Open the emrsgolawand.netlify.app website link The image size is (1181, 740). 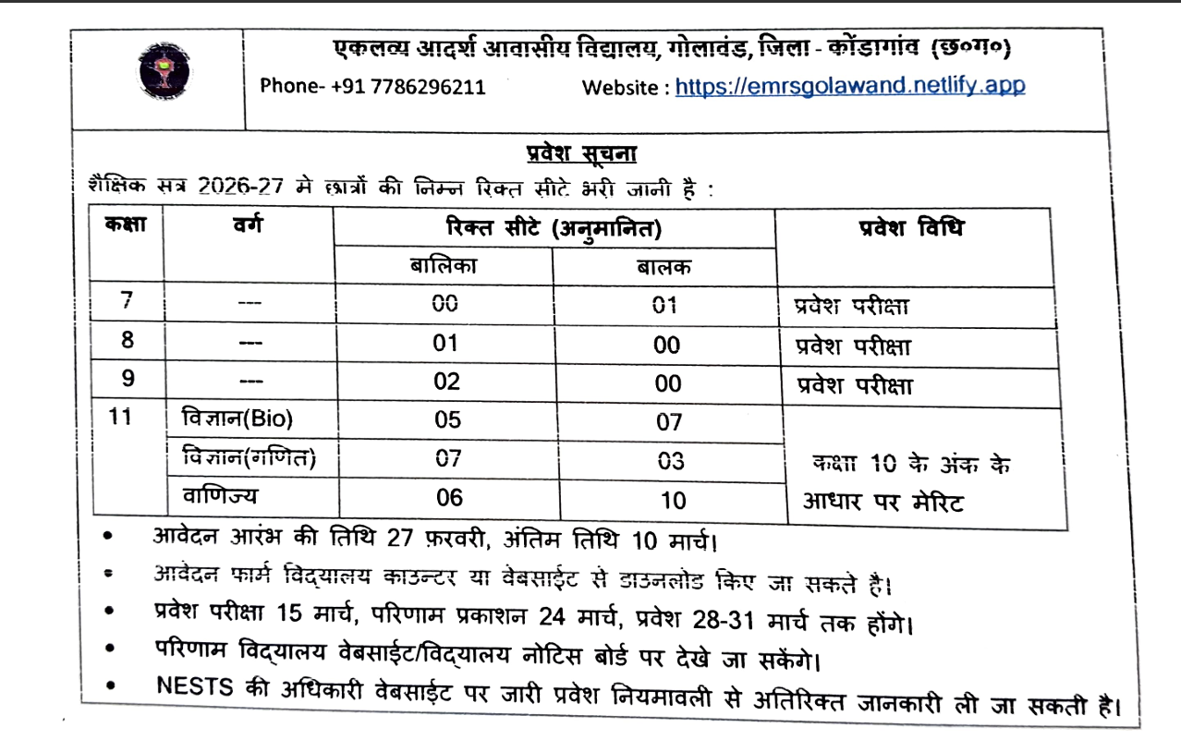point(850,87)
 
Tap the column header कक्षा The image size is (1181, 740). point(125,225)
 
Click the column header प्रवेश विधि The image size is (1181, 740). point(910,229)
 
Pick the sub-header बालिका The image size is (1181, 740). point(444,266)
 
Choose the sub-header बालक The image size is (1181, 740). point(664,268)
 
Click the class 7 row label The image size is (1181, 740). point(127,301)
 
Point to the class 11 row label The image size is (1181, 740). point(121,418)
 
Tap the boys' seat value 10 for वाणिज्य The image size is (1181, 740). point(674,500)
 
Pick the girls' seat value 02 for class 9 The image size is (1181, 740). point(447,382)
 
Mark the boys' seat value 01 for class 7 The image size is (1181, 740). point(665,305)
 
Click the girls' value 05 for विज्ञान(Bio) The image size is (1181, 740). point(447,420)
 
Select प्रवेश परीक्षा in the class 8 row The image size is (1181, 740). point(853,347)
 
